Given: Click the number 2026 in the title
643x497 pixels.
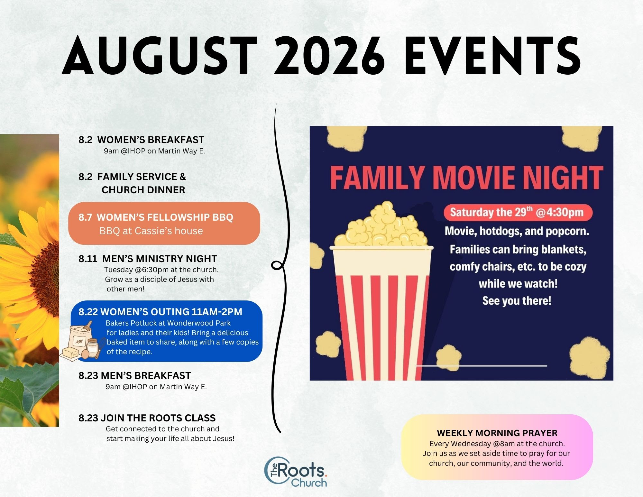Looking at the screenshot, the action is pyautogui.click(x=329, y=56).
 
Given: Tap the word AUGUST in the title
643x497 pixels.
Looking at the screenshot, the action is pyautogui.click(x=160, y=56).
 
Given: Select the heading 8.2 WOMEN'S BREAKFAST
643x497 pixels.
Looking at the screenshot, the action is pyautogui.click(x=141, y=140).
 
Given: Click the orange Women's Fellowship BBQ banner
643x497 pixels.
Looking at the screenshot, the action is pyautogui.click(x=164, y=223).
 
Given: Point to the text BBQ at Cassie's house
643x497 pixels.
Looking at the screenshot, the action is pyautogui.click(x=151, y=231).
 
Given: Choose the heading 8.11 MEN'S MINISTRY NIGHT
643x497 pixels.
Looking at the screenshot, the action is pyautogui.click(x=148, y=259).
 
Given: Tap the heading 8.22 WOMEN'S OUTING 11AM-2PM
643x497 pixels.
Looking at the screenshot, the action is pyautogui.click(x=160, y=312).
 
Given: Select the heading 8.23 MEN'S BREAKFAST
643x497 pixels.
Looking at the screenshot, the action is pyautogui.click(x=134, y=375).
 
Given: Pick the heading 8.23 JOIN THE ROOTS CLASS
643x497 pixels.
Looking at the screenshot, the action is pyautogui.click(x=147, y=418).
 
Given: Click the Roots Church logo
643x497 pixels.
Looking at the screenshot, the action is pyautogui.click(x=296, y=472).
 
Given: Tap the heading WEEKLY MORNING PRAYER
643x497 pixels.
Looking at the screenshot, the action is pyautogui.click(x=497, y=433).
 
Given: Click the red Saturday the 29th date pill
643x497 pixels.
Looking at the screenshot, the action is pyautogui.click(x=518, y=213).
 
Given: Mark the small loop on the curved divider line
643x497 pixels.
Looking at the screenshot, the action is pyautogui.click(x=277, y=265).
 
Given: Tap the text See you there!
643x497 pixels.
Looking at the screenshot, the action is pyautogui.click(x=517, y=301).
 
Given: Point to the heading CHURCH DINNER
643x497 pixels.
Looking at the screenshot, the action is pyautogui.click(x=143, y=190).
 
